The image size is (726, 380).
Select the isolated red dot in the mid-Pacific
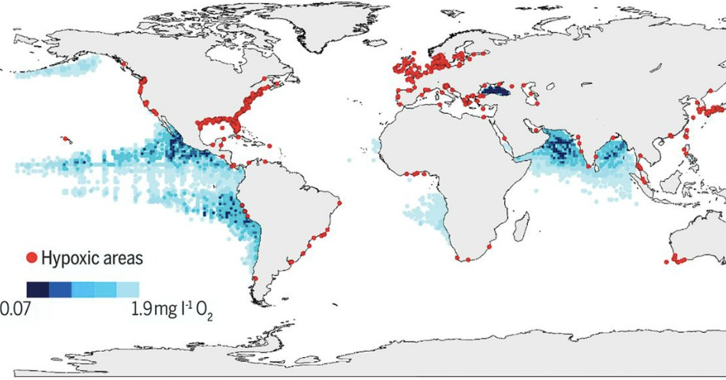point(67,139)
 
